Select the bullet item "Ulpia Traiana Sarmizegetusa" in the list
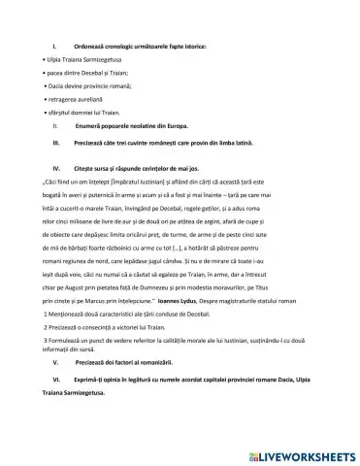pos(83,59)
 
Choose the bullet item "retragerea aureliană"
pos(74,100)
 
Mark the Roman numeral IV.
pos(56,167)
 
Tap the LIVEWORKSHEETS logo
pos(304,452)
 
